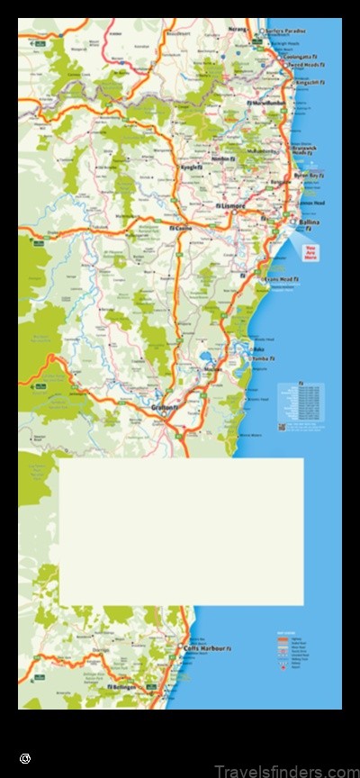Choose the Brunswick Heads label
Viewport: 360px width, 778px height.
(x=305, y=149)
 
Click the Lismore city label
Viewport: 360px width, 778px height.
(x=231, y=209)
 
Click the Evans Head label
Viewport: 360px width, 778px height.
(x=280, y=280)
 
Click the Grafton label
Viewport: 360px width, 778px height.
(x=163, y=409)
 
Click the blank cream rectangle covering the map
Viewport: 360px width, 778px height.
(x=181, y=531)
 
